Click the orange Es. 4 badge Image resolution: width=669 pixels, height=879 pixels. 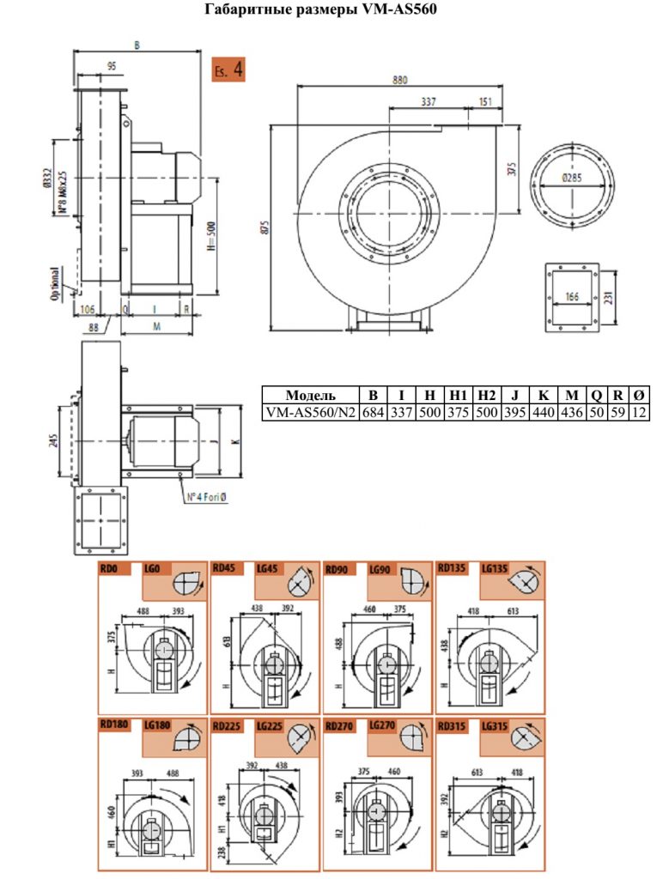tap(228, 70)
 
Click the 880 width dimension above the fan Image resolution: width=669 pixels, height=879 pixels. tap(399, 80)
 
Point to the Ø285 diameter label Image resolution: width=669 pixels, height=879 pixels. tap(571, 178)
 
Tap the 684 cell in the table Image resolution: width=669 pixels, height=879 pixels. tap(373, 412)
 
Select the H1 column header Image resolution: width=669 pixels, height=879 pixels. tap(458, 395)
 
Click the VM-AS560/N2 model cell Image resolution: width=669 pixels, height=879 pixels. tap(311, 413)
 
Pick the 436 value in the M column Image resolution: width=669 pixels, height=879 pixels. tap(571, 412)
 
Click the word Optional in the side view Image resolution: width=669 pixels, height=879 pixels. tap(55, 283)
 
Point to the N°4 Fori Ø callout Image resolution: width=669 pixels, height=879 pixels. tap(207, 497)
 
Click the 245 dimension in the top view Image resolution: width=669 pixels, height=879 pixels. tap(54, 442)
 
